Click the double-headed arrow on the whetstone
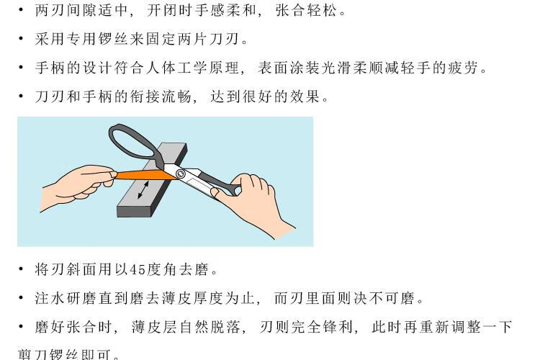point(143,190)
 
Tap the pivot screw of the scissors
point(181,174)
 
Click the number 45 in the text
point(138,269)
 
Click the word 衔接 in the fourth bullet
point(145,96)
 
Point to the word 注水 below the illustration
point(50,298)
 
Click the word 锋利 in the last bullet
point(338,327)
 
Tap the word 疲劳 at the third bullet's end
point(463,68)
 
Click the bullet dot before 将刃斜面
point(22,269)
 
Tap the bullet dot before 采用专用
point(22,39)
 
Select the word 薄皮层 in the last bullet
point(155,327)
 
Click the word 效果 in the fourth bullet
point(305,96)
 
